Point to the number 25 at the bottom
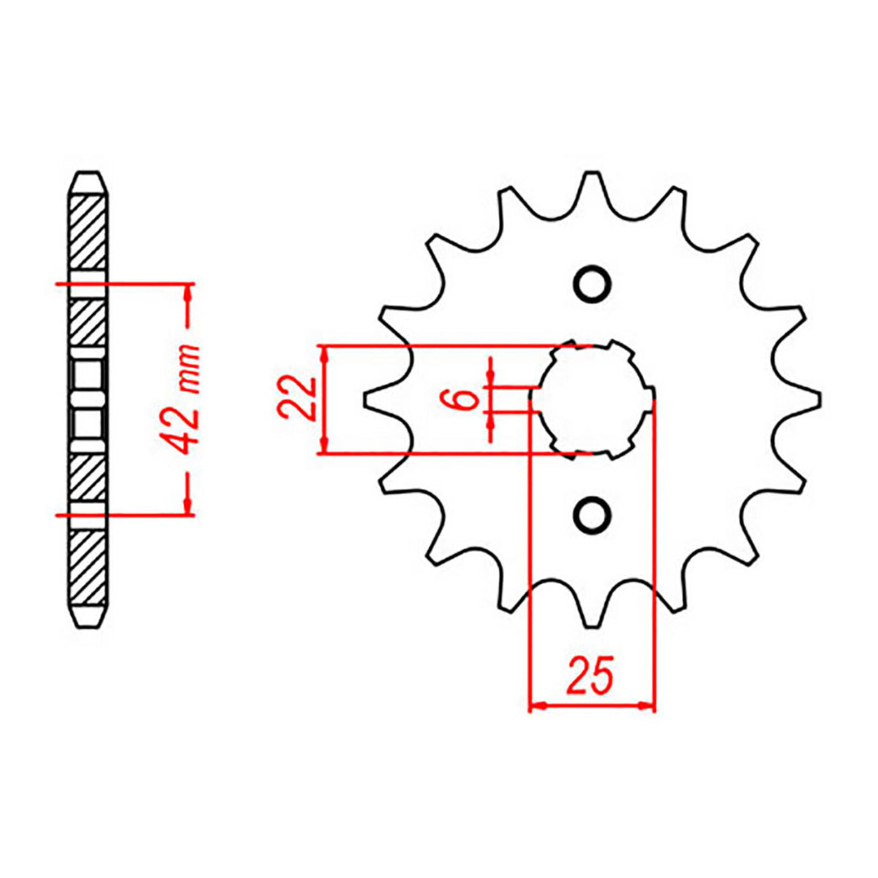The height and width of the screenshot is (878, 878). click(590, 677)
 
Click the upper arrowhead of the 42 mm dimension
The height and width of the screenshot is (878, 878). click(189, 291)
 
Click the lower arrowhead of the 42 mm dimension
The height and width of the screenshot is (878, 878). click(189, 507)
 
